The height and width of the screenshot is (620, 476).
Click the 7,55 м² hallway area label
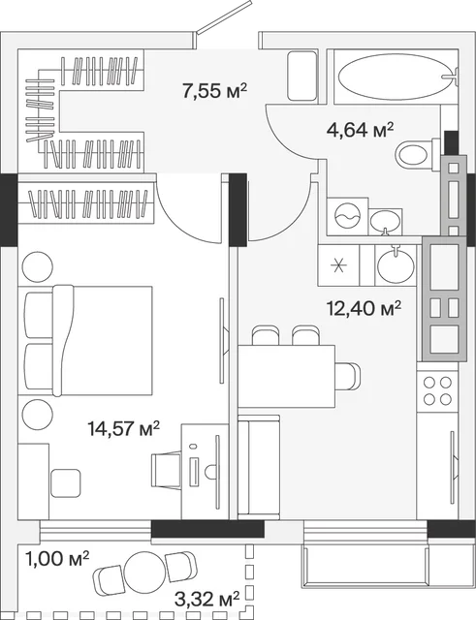click(x=215, y=91)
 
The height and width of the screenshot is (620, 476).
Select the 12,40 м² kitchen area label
click(x=364, y=308)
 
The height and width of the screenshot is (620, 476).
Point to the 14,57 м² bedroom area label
click(x=124, y=428)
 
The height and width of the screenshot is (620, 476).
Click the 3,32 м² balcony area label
click(x=206, y=600)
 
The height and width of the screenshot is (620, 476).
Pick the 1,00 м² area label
click(x=57, y=559)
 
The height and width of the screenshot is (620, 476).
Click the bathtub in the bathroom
click(x=396, y=77)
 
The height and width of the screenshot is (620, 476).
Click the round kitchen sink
click(x=396, y=264)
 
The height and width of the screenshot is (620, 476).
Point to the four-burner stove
click(x=437, y=390)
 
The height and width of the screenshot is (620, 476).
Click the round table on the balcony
click(x=144, y=571)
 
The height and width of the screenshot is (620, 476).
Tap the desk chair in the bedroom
click(x=167, y=471)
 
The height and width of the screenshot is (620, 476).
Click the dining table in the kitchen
click(x=286, y=376)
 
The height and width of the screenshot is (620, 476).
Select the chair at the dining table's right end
click(x=348, y=376)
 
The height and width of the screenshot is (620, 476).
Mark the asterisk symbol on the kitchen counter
click(x=338, y=264)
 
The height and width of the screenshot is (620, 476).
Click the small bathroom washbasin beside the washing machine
click(x=385, y=222)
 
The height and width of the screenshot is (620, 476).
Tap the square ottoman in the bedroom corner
click(x=66, y=482)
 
